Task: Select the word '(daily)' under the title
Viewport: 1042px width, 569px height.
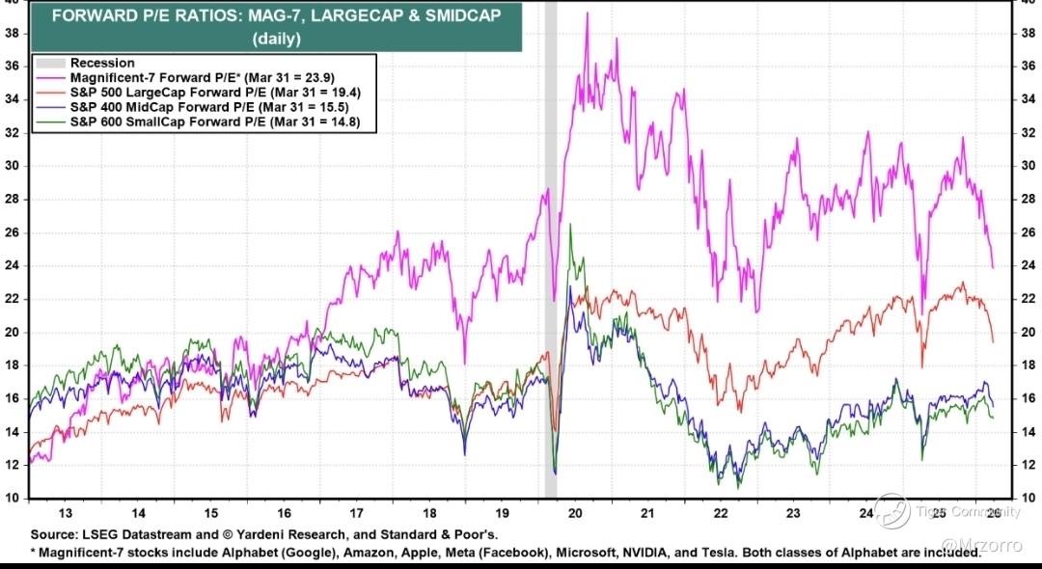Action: [277, 39]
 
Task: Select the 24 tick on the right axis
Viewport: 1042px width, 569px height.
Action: [1029, 265]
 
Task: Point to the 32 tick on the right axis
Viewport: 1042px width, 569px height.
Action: [1029, 132]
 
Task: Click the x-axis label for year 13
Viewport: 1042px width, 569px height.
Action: [65, 514]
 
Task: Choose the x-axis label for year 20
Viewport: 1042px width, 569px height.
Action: [575, 514]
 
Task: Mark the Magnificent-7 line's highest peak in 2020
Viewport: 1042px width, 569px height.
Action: [587, 14]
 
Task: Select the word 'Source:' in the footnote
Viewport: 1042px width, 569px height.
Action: [56, 533]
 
